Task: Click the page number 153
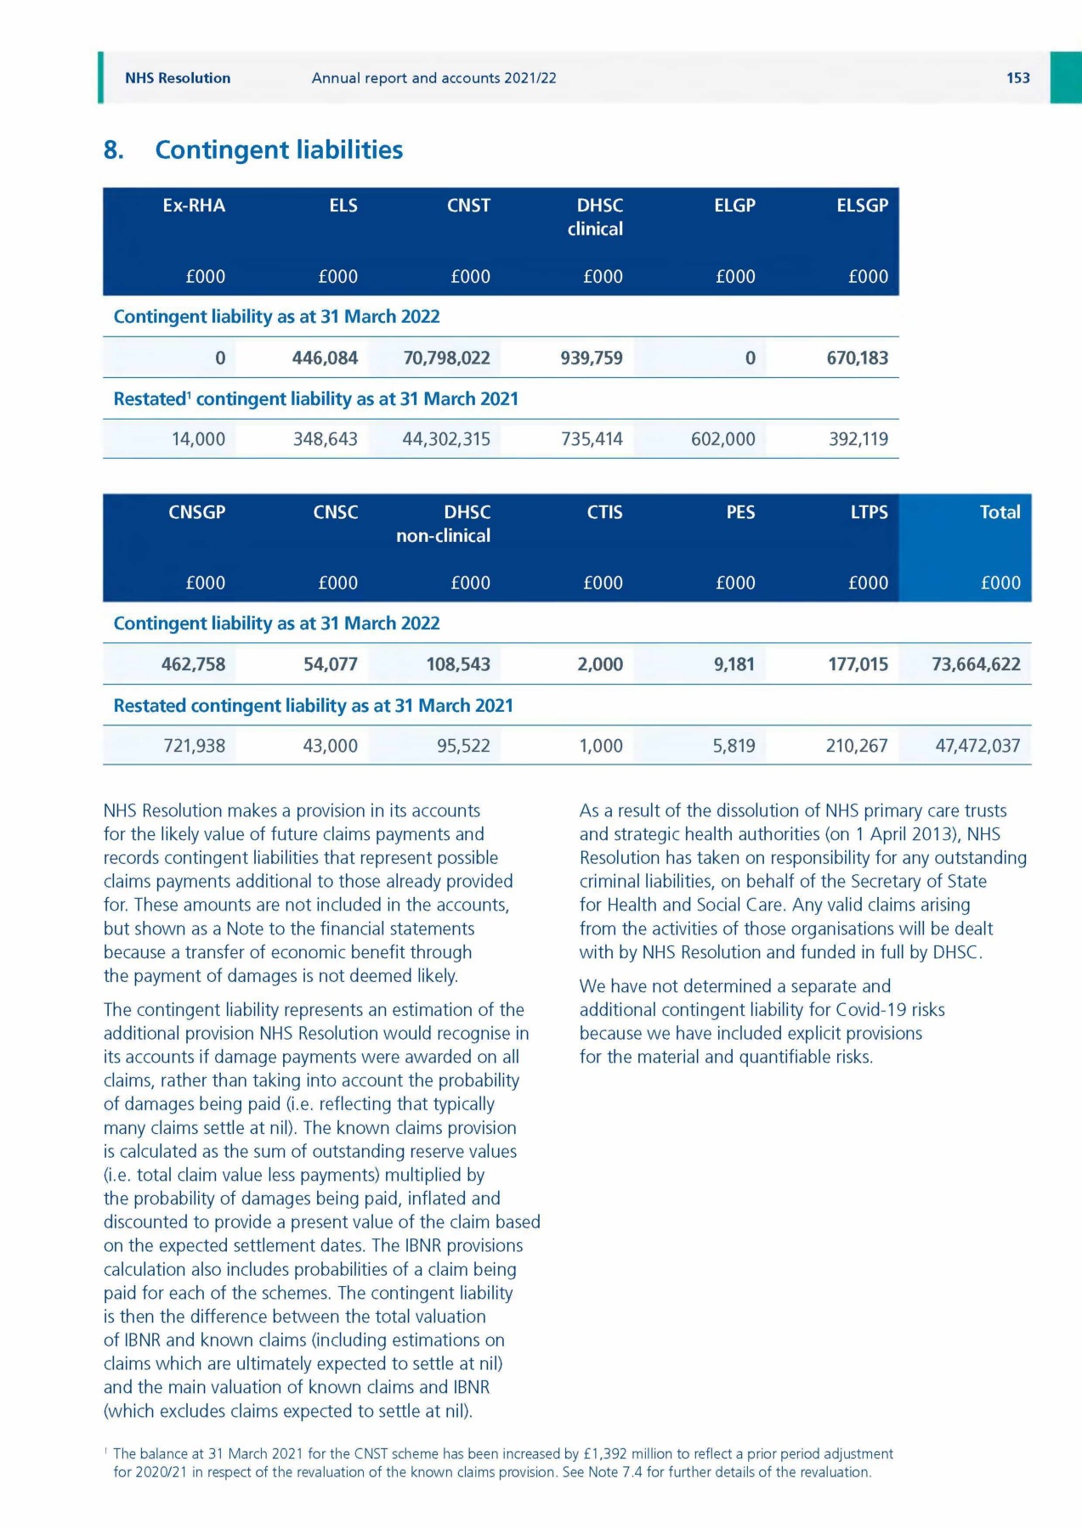point(1017,78)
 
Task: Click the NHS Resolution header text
point(178,78)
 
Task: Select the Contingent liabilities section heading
point(278,150)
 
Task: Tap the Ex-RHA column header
point(194,206)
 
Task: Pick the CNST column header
point(468,206)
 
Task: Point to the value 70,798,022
point(446,358)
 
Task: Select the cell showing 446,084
point(325,358)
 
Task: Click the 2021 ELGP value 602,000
point(722,439)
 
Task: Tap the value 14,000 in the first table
point(198,439)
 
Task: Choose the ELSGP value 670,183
point(857,358)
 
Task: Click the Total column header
point(1000,512)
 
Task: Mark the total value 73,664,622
point(976,664)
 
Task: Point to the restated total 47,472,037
point(977,746)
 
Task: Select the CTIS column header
point(604,512)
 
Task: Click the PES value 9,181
point(734,664)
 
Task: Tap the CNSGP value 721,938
point(195,746)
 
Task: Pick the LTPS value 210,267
point(857,746)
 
